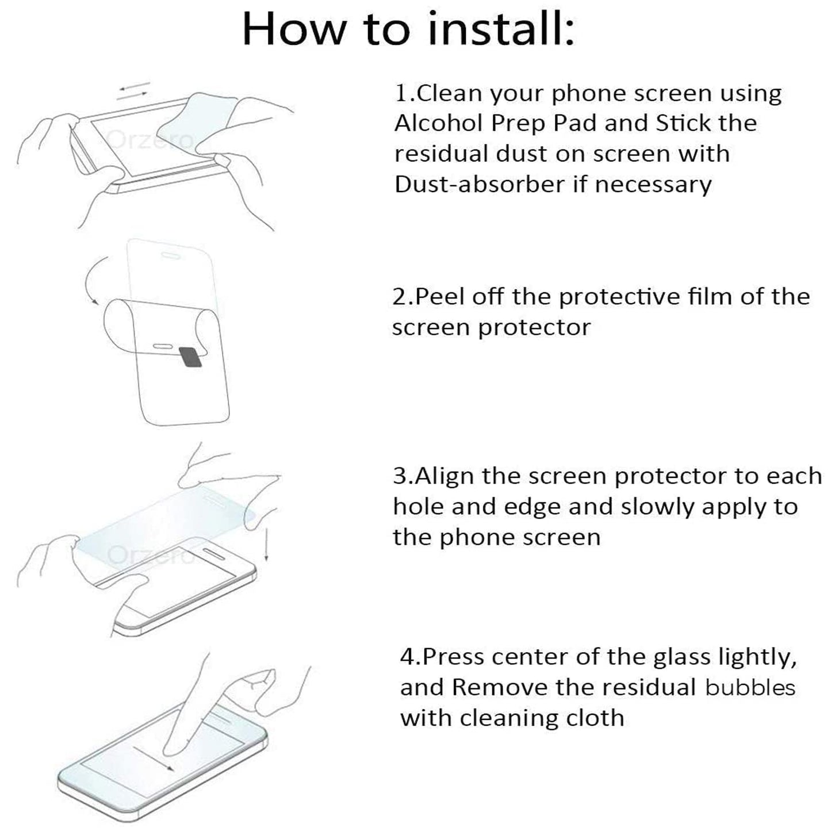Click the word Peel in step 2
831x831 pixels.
(440, 297)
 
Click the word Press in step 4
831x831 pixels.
(454, 657)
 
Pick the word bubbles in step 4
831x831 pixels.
(750, 687)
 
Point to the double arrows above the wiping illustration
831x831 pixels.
(133, 91)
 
